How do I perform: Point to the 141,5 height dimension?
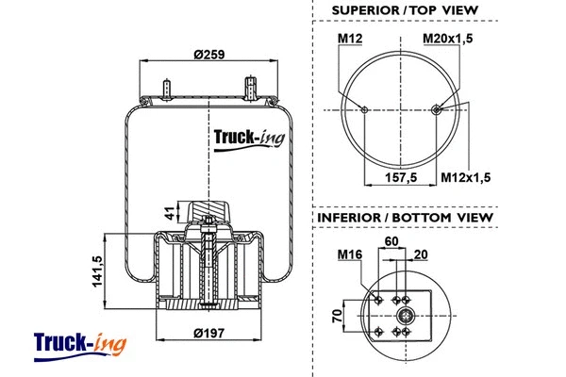96,272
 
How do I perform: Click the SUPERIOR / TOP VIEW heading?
405,11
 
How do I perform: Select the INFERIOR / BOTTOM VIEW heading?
405,218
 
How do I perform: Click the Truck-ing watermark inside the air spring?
247,139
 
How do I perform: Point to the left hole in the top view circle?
364,110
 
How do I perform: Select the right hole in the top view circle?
436,110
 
